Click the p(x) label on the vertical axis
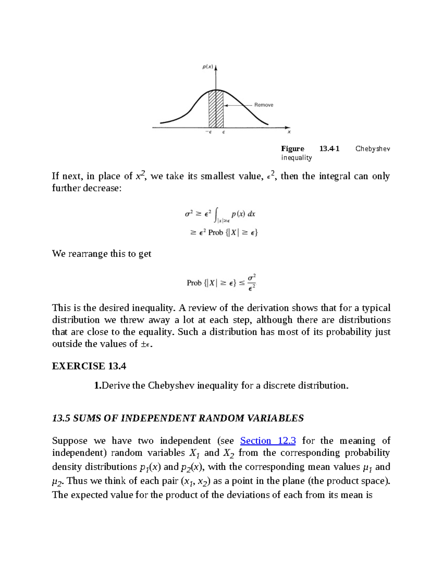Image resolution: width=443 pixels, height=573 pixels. pos(207,67)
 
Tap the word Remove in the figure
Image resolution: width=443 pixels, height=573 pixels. pos(264,105)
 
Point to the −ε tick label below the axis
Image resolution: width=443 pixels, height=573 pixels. pos(209,132)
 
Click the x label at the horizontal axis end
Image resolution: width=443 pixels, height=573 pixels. pos(289,132)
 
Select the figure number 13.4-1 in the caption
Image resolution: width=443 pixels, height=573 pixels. pos(329,149)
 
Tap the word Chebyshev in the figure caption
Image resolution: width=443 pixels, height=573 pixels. pos(372,149)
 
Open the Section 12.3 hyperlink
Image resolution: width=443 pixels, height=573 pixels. pos(268,441)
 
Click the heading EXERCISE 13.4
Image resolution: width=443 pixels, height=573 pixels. pos(89,366)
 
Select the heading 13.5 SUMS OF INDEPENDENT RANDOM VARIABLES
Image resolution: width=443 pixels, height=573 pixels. pos(178,418)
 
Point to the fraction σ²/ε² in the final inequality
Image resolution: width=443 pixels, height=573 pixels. pos(252,283)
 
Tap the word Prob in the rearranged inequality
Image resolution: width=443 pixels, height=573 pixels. pos(194,283)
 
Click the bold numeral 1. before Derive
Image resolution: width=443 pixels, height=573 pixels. pos(97,386)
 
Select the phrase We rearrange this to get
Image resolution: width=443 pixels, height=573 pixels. pos(102,254)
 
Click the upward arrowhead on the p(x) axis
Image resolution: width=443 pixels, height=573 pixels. pos(216,68)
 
